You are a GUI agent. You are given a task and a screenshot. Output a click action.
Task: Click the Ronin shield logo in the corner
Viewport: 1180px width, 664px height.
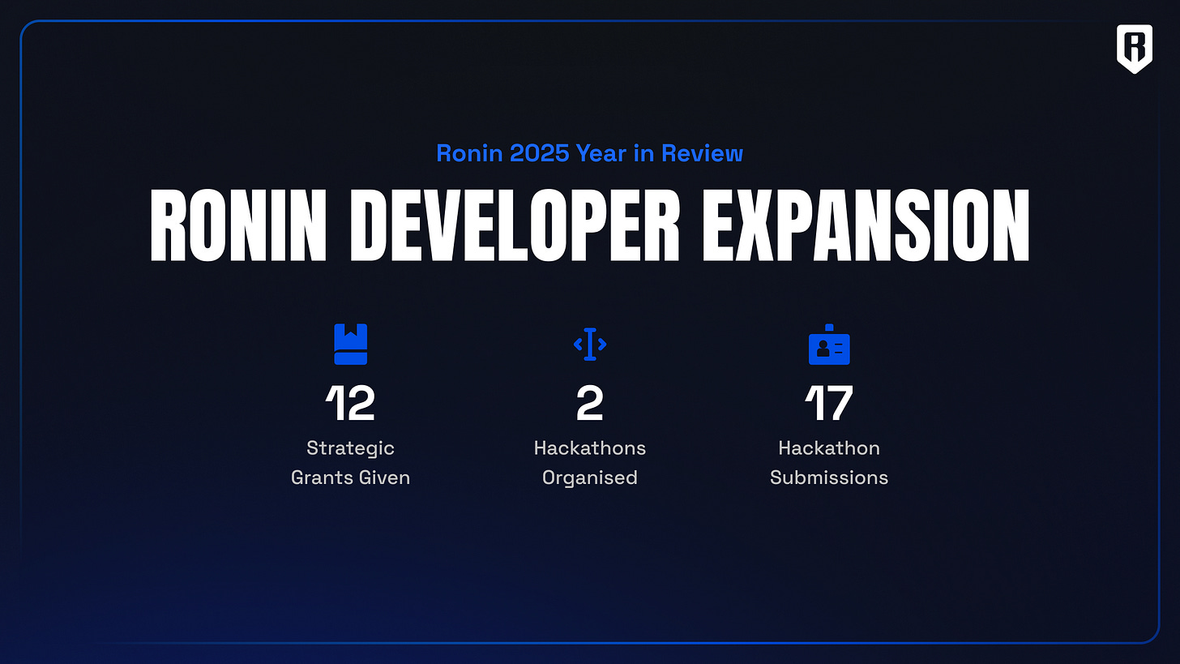tap(1134, 48)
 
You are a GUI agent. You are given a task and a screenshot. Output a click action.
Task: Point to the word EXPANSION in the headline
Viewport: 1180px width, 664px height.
tap(866, 225)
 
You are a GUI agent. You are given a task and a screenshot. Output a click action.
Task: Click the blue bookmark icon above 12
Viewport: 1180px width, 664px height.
tap(350, 345)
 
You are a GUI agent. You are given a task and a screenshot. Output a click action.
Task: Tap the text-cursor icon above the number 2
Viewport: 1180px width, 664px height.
tap(590, 345)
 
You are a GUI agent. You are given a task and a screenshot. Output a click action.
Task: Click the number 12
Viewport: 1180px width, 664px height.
tap(350, 403)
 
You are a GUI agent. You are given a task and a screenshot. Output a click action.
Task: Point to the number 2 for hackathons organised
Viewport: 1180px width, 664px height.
tap(590, 403)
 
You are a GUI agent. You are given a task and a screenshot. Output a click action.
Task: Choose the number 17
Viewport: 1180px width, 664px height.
tap(829, 403)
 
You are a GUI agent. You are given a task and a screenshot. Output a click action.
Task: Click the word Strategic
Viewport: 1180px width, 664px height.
tap(350, 448)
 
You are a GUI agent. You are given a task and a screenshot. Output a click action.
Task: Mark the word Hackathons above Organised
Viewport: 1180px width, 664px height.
tap(590, 448)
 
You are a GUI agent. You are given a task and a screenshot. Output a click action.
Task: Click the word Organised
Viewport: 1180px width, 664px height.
tap(590, 478)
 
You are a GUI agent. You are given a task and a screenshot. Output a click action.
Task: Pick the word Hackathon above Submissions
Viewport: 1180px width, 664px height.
tap(829, 448)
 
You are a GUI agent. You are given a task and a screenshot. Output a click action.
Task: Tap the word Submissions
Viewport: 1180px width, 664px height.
tap(829, 478)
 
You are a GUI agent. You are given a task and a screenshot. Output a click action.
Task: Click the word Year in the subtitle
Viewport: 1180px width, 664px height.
tap(601, 152)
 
